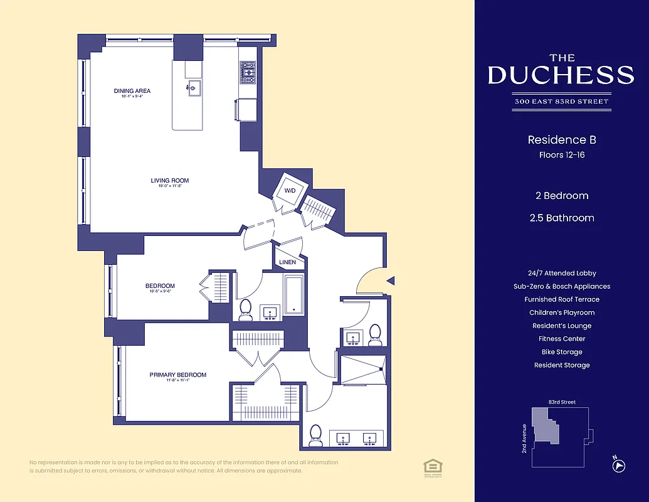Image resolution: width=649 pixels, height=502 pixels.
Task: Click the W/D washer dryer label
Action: (290, 190)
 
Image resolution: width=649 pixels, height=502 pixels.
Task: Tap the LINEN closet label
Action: (288, 262)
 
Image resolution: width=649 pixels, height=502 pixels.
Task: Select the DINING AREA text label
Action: (132, 91)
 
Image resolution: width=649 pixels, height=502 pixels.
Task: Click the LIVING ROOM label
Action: (169, 181)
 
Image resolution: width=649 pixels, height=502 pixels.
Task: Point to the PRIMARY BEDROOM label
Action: (177, 375)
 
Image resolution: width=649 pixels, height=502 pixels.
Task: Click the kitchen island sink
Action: (194, 87)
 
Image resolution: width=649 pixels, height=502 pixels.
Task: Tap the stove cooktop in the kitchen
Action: (248, 72)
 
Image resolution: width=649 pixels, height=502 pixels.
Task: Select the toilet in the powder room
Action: (375, 334)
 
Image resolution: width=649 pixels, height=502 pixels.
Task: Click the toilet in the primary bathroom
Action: (315, 435)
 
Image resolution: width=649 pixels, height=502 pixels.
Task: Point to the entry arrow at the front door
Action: (389, 281)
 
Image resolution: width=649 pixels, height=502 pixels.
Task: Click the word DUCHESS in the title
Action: (561, 75)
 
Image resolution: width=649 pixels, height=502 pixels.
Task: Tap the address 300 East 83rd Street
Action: (561, 102)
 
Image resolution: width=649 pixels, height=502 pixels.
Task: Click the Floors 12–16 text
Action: (561, 155)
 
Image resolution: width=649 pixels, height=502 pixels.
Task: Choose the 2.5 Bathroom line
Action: (561, 218)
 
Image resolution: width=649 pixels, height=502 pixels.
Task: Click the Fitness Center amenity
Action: (561, 339)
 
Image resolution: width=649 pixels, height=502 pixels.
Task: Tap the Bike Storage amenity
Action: (561, 352)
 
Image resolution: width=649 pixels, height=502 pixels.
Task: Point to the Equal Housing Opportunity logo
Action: (432, 466)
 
